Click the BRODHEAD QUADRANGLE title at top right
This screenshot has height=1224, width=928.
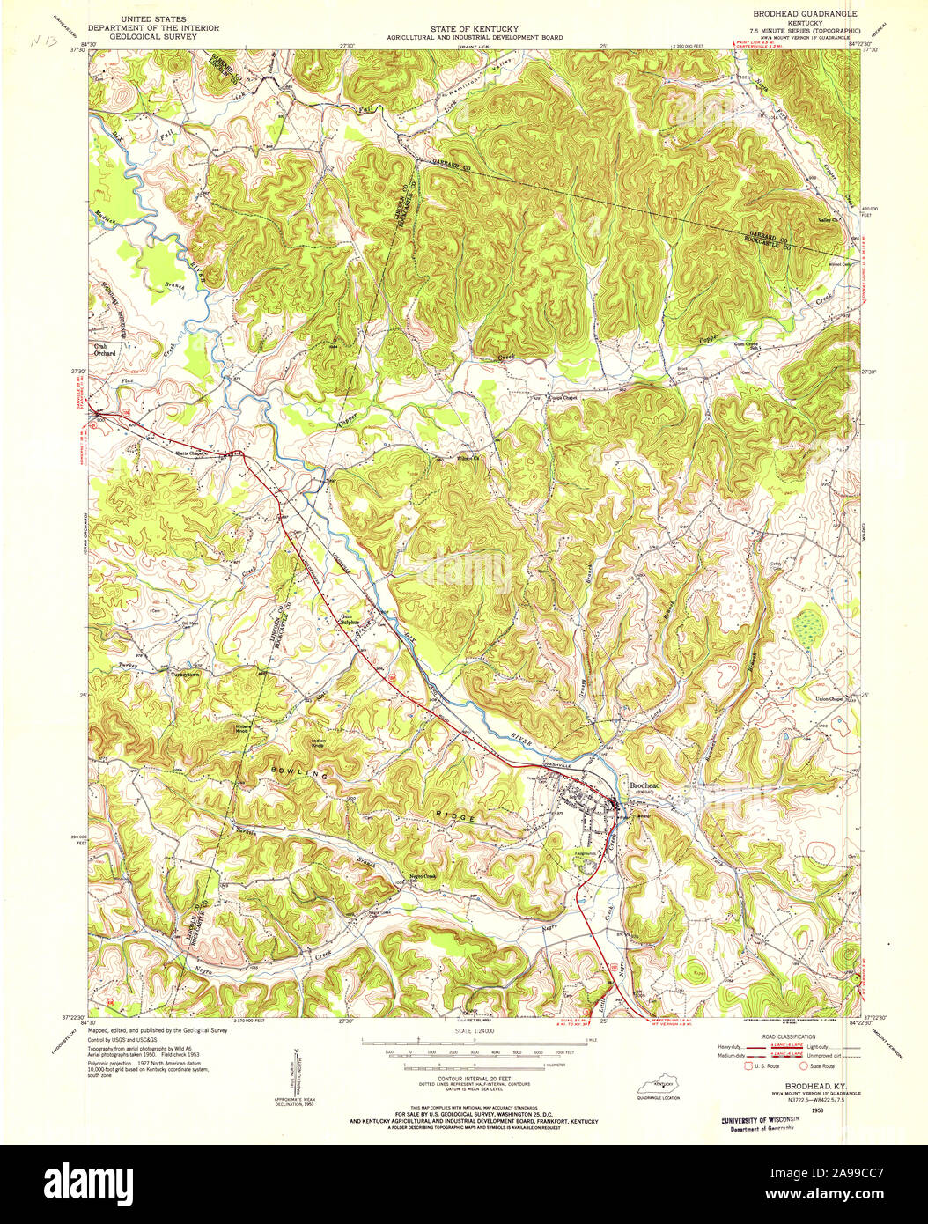click(x=804, y=15)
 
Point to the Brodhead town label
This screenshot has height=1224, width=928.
click(x=644, y=785)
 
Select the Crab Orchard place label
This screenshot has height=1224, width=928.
click(x=105, y=350)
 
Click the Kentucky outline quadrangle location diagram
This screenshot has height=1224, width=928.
click(x=663, y=1086)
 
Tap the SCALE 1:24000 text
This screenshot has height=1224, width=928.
click(x=474, y=1029)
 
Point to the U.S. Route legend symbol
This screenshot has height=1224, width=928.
click(x=750, y=1065)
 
